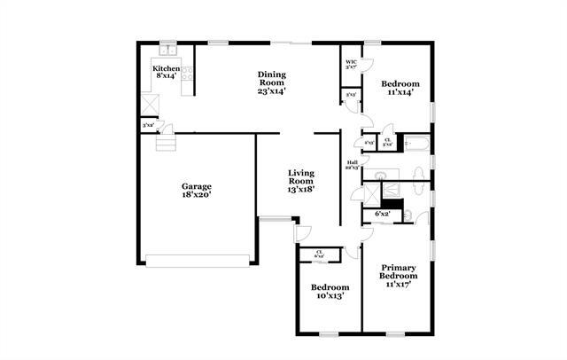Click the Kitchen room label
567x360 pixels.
(166, 68)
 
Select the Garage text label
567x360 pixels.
(196, 186)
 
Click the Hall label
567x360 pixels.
(352, 163)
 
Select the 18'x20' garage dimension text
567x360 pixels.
(196, 196)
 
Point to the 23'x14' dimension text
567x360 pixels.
(271, 90)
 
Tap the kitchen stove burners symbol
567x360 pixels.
(187, 76)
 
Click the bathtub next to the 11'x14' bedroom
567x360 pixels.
(415, 143)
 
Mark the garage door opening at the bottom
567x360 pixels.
(198, 261)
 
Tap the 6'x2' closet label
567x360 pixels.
(383, 214)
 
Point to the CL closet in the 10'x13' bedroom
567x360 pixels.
(320, 254)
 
